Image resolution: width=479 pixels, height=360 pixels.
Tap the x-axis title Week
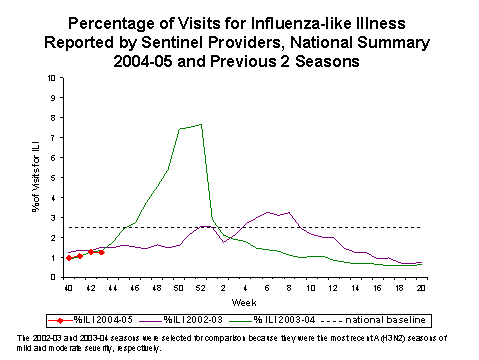[245, 300]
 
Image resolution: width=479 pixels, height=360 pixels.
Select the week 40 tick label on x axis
[68, 288]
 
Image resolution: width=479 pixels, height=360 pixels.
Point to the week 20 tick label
[419, 288]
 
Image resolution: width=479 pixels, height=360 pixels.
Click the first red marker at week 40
[69, 258]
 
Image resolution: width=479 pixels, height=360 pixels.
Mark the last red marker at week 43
[102, 252]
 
